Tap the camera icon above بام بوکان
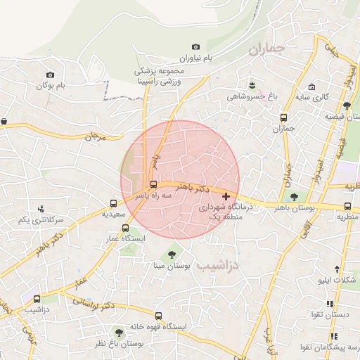click(50, 75)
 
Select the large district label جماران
click(264, 50)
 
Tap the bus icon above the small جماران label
click(283, 117)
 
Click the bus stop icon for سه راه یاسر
click(154, 185)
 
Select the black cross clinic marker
click(226, 197)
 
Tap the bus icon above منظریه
click(348, 206)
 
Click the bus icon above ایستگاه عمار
click(125, 228)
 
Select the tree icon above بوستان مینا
click(171, 255)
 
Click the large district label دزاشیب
click(217, 266)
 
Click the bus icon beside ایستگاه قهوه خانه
click(157, 316)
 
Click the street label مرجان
click(94, 136)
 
